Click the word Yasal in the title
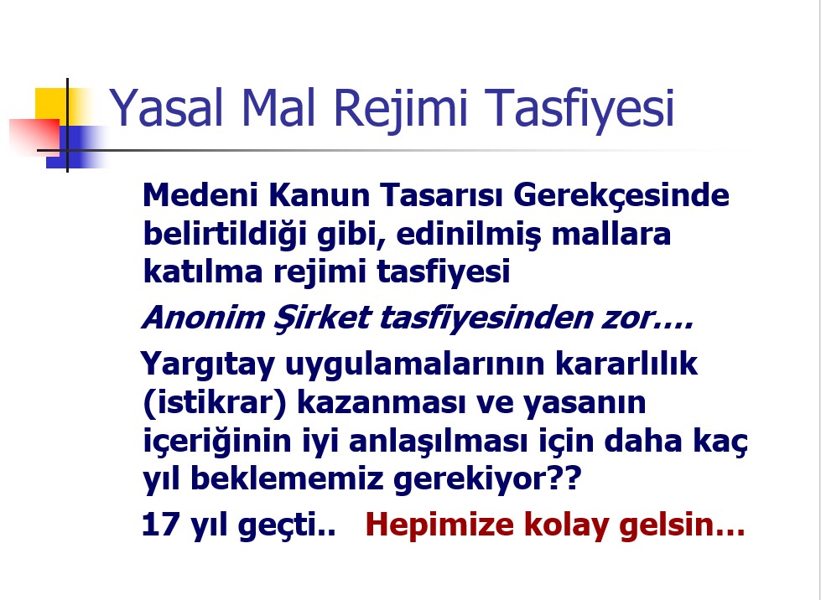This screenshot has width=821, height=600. tap(166, 107)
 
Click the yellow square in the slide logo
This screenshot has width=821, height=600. tap(51, 104)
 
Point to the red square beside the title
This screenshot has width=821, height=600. tap(34, 137)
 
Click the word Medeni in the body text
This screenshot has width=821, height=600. tap(200, 194)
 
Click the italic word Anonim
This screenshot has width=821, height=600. tap(203, 318)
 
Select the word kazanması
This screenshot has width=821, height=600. tap(381, 403)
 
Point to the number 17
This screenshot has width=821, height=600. tap(160, 524)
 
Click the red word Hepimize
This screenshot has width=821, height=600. tap(439, 526)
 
